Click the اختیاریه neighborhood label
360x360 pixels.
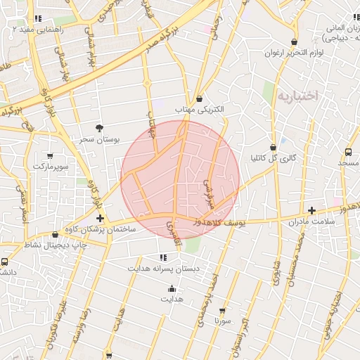(x=298, y=95)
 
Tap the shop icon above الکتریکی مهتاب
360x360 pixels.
(x=200, y=99)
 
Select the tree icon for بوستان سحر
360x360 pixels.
(x=100, y=129)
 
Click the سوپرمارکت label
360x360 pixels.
(x=49, y=167)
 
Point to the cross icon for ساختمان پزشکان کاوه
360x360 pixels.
(x=101, y=219)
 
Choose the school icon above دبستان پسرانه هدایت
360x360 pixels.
(x=163, y=257)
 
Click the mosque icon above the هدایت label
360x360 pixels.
(x=172, y=288)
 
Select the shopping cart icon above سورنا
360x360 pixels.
(x=223, y=310)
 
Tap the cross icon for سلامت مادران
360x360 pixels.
(x=312, y=210)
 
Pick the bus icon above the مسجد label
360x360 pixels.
(x=349, y=152)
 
